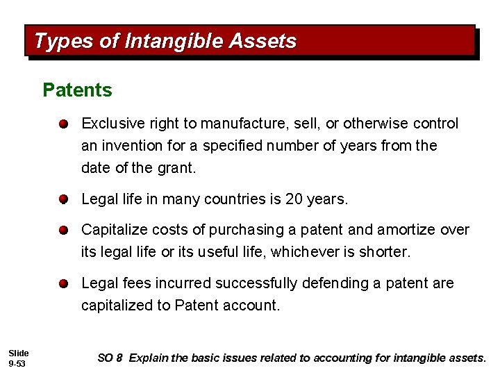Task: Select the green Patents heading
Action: (x=77, y=90)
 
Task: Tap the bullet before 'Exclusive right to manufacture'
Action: (x=62, y=124)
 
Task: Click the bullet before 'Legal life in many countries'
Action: (x=62, y=200)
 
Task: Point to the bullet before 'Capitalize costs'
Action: (x=62, y=230)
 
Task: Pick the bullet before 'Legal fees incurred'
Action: (x=62, y=284)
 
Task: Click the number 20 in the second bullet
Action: (x=294, y=199)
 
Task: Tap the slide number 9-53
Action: (x=17, y=363)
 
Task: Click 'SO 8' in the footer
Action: (x=110, y=358)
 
